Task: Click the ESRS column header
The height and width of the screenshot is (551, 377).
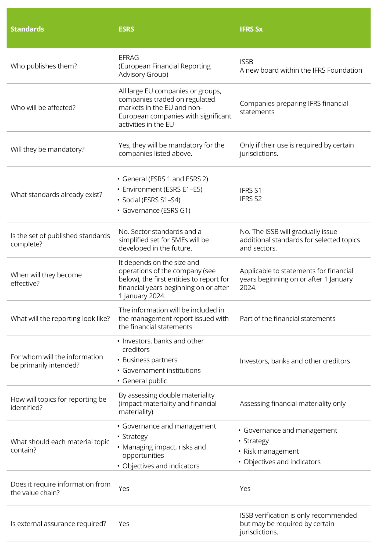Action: (126, 29)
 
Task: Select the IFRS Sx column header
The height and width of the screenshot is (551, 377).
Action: (251, 29)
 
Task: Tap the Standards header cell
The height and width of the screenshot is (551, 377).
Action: (27, 29)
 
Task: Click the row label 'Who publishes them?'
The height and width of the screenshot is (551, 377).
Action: (44, 66)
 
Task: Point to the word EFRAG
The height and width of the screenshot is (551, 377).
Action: (129, 58)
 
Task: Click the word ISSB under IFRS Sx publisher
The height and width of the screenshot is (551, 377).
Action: (246, 62)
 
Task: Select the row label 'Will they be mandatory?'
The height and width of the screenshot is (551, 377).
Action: (48, 149)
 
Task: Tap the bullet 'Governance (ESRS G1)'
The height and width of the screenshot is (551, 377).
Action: (156, 210)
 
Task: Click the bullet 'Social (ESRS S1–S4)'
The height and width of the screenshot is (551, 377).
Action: (151, 200)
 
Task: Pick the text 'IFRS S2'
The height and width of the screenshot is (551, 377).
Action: (251, 199)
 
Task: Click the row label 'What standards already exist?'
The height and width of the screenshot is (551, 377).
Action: (56, 195)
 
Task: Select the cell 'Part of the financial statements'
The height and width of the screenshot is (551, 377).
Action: (288, 319)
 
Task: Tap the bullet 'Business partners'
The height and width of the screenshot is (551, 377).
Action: (150, 360)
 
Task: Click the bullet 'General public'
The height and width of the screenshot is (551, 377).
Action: (145, 381)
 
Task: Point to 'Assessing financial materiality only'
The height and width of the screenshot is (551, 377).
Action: (293, 404)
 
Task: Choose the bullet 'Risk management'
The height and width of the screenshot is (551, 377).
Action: (271, 451)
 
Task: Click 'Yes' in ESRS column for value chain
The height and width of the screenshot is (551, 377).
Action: (124, 489)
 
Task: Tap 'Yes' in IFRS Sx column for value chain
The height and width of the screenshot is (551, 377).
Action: (245, 489)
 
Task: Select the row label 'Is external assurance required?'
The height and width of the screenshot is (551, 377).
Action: (58, 524)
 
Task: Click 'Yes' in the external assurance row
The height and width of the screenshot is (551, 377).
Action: (124, 524)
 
